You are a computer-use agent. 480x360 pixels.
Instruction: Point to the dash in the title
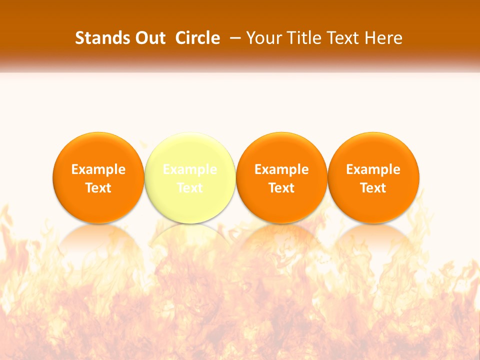pyautogui.click(x=234, y=38)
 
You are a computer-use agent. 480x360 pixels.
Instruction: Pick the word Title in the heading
pyautogui.click(x=300, y=38)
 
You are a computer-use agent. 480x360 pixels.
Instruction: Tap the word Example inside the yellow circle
pyautogui.click(x=189, y=169)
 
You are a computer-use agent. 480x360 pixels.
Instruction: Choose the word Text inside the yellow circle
pyautogui.click(x=189, y=188)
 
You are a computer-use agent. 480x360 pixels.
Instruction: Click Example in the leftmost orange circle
pyautogui.click(x=98, y=169)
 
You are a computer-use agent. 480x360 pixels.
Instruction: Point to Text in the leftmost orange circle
pyautogui.click(x=98, y=188)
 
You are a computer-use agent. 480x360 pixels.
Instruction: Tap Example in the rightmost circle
pyautogui.click(x=373, y=169)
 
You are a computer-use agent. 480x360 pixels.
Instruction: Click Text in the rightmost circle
pyautogui.click(x=373, y=188)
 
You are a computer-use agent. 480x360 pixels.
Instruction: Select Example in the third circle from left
pyautogui.click(x=281, y=169)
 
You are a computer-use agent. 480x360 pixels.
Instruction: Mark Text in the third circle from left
pyautogui.click(x=281, y=188)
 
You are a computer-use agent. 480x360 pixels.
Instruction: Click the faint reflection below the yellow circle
pyautogui.click(x=189, y=237)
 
